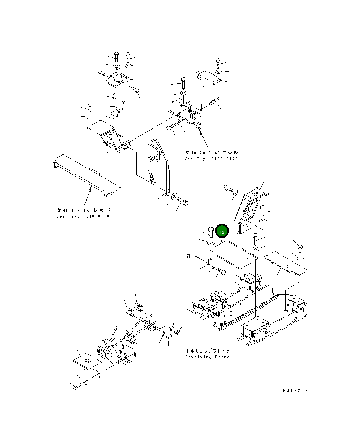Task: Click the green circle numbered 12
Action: (x=222, y=232)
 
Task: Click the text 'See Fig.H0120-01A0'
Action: (x=211, y=159)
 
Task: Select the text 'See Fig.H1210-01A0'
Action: (x=83, y=216)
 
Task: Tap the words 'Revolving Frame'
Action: (x=207, y=357)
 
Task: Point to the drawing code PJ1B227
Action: (x=295, y=391)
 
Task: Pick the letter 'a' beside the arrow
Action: (x=188, y=256)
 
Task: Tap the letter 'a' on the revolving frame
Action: (x=215, y=324)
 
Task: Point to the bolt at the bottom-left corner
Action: (x=77, y=386)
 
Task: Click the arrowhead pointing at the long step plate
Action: (x=91, y=188)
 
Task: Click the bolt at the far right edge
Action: (x=300, y=249)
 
